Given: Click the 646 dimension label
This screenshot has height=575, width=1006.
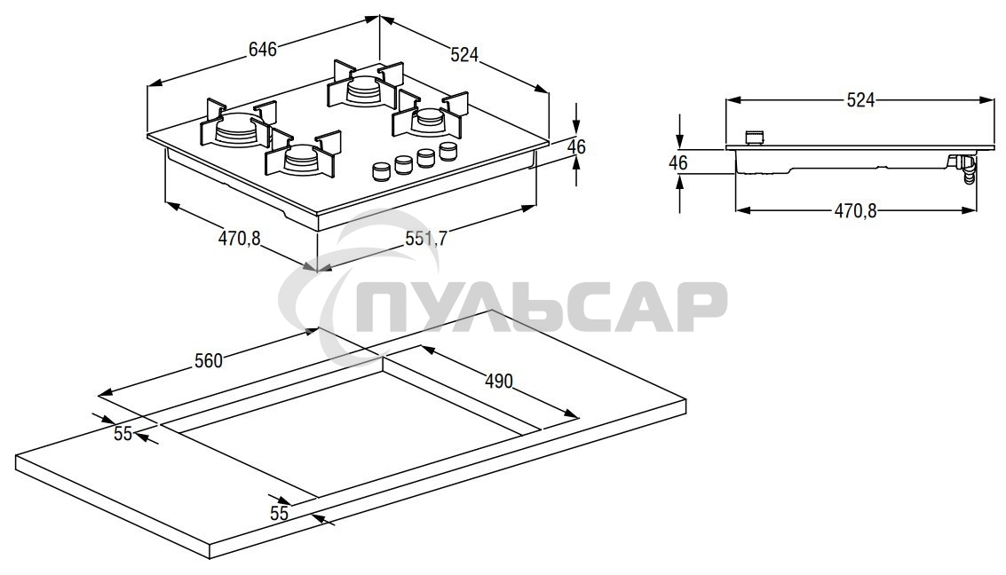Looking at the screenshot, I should click(x=262, y=50).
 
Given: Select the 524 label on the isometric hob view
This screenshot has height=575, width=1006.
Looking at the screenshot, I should click(x=464, y=55).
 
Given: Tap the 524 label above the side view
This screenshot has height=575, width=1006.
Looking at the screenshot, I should click(x=860, y=100).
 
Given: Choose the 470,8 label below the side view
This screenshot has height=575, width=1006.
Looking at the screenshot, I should click(x=855, y=211).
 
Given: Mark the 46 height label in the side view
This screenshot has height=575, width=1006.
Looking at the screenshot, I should click(x=678, y=163).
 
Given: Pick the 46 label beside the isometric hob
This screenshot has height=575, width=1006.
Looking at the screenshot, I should click(x=576, y=147).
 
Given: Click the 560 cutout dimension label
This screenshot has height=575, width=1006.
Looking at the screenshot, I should click(x=208, y=360).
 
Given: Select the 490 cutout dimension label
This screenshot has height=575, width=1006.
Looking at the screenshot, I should click(x=499, y=382).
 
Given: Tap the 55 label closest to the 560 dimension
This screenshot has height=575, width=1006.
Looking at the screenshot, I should click(x=123, y=434).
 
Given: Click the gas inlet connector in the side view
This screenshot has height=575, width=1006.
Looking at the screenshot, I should click(x=963, y=168).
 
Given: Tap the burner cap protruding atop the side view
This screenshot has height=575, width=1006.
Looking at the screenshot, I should click(x=754, y=138).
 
